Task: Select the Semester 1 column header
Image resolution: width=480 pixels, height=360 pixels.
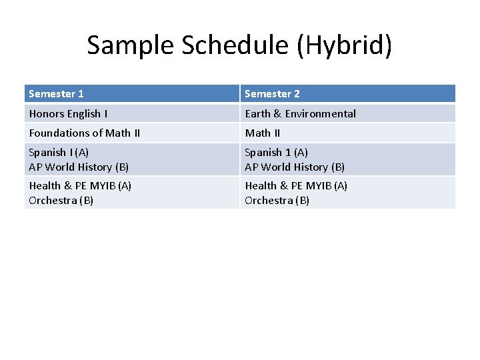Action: tap(57, 94)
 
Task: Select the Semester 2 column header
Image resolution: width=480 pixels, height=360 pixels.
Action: tap(272, 94)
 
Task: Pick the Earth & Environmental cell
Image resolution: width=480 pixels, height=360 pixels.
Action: tap(300, 113)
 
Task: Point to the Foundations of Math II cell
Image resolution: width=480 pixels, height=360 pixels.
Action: tap(85, 133)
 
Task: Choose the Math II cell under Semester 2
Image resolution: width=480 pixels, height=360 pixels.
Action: tap(262, 133)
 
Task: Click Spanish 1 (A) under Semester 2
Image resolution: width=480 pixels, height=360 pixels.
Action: tap(276, 153)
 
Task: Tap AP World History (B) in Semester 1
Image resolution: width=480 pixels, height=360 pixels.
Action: tap(79, 167)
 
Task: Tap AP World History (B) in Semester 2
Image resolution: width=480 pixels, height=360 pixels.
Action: tap(295, 167)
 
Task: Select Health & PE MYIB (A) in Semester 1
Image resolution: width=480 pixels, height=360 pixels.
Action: tap(80, 186)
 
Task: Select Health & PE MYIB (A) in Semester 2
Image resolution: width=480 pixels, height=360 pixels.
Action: tap(296, 186)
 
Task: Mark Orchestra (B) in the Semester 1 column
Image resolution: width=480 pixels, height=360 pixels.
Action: tap(61, 200)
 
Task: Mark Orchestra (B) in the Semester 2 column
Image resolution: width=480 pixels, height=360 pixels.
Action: tap(277, 200)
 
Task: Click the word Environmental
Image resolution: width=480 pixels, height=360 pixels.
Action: tap(321, 113)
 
